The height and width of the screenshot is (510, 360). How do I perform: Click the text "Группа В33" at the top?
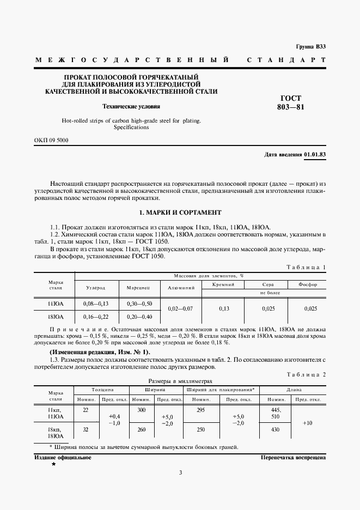point(310,47)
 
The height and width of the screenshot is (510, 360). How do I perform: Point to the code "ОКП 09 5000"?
point(52,140)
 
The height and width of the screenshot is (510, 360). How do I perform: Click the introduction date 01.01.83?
point(314,155)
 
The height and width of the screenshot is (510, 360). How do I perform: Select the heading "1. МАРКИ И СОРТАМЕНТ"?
point(180,212)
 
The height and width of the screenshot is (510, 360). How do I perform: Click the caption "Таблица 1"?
point(306,266)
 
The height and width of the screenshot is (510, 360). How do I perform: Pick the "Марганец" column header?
point(142,287)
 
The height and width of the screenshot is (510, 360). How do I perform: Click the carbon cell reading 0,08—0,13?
point(96,303)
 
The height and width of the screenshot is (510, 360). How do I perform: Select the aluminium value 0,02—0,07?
point(180,308)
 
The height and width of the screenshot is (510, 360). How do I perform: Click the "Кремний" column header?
point(223,284)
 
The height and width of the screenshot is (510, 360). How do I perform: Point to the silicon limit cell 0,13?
point(223,308)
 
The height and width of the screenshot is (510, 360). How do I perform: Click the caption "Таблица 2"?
point(306,374)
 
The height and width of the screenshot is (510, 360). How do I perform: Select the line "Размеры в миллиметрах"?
point(180,381)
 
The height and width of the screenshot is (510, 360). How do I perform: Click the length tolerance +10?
point(308,423)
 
